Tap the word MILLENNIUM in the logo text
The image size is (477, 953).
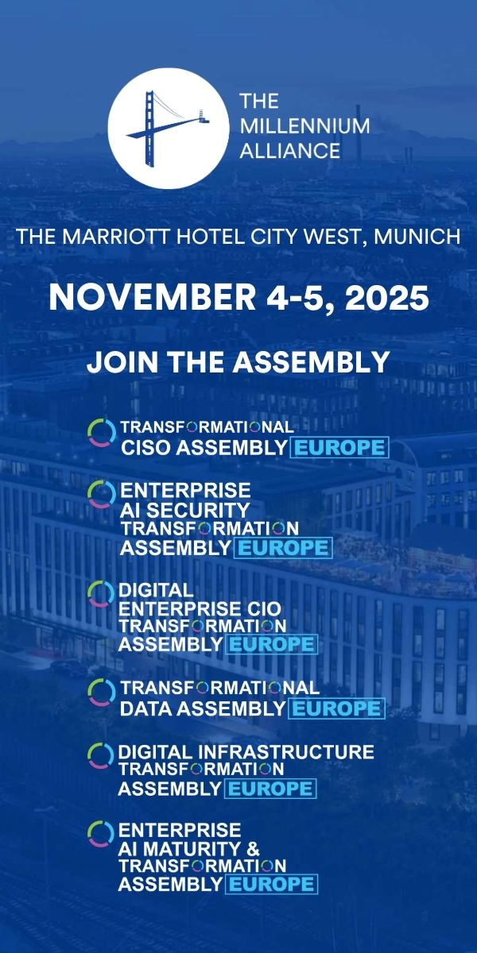(x=305, y=126)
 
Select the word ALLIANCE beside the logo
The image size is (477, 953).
(x=290, y=151)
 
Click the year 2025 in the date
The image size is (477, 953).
(x=386, y=297)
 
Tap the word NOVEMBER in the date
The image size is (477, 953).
(x=153, y=297)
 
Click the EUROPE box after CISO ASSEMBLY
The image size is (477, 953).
(x=339, y=448)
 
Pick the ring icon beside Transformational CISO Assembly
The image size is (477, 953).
(x=102, y=433)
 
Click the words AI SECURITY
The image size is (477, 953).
(x=185, y=510)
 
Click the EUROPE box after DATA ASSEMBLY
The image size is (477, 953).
(x=336, y=708)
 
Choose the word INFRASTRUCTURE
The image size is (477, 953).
(x=285, y=752)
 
